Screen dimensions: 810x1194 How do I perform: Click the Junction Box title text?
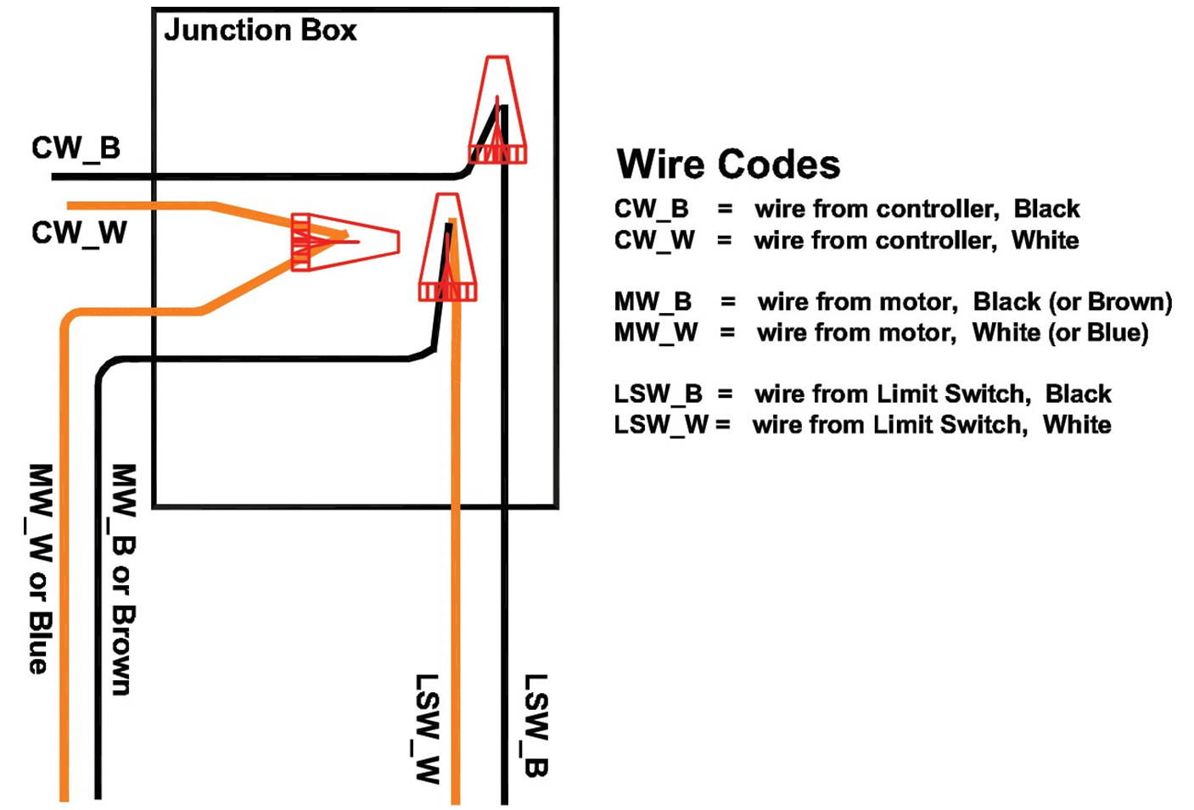click(x=260, y=31)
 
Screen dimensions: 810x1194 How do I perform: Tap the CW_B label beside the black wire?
click(x=76, y=148)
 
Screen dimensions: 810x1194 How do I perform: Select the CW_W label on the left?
click(x=79, y=232)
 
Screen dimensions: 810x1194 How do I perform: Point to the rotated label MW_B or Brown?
click(x=124, y=579)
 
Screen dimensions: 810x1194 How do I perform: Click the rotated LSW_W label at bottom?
click(x=427, y=728)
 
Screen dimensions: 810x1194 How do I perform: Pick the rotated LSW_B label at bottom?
click(x=535, y=725)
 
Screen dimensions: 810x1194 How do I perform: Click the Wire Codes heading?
click(x=728, y=165)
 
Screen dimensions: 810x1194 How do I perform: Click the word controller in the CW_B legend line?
click(x=939, y=209)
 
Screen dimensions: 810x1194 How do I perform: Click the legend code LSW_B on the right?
click(x=658, y=394)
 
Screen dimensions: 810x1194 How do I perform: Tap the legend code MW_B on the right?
click(x=653, y=302)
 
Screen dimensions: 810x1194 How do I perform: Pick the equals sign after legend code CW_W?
click(x=724, y=241)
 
